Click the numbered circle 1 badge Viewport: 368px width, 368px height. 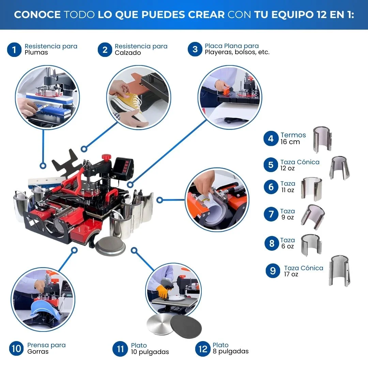pyautogui.click(x=14, y=50)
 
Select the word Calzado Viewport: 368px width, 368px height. pyautogui.click(x=128, y=53)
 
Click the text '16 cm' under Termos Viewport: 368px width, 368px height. pyautogui.click(x=290, y=142)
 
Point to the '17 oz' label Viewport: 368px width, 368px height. pyautogui.click(x=291, y=274)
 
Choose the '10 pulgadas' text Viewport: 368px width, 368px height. pyautogui.click(x=150, y=352)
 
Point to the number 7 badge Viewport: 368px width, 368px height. pyautogui.click(x=271, y=214)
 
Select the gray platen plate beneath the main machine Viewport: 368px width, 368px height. pyautogui.click(x=110, y=246)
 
